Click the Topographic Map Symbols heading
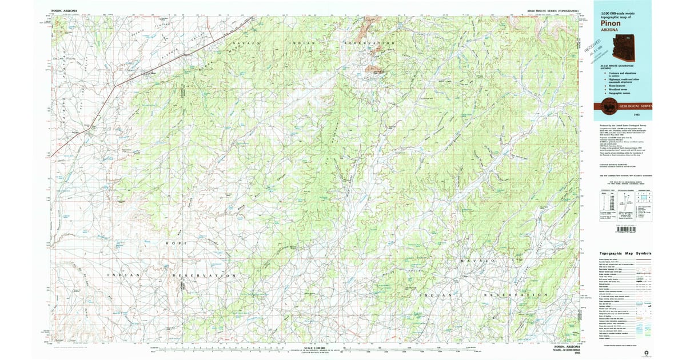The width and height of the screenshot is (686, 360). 625,253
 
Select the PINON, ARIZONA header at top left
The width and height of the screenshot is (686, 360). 64,10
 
